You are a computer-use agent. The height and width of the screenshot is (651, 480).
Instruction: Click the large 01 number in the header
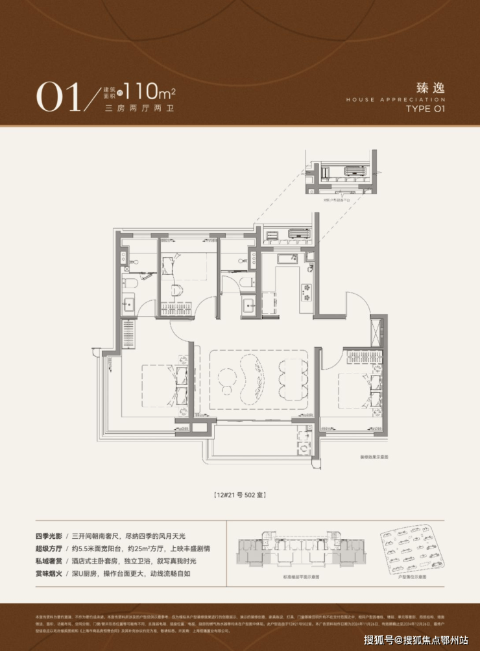(x=57, y=97)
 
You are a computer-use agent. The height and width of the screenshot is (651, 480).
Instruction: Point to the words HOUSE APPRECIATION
(x=396, y=99)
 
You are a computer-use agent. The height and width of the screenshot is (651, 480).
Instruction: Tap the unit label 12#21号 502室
(x=240, y=495)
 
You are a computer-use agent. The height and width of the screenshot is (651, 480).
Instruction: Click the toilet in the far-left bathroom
(x=129, y=282)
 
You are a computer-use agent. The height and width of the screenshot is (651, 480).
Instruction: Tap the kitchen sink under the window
(x=287, y=259)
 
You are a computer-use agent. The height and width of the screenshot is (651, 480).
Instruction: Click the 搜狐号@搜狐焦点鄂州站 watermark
(x=415, y=640)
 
